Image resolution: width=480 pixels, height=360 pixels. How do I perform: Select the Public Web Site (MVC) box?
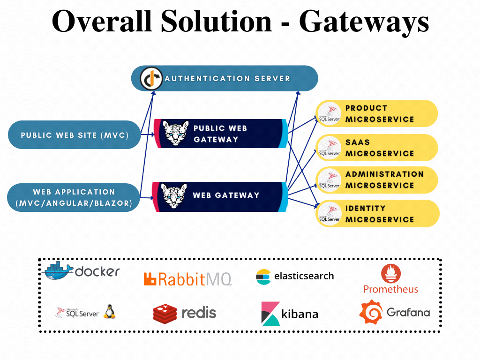[75, 135]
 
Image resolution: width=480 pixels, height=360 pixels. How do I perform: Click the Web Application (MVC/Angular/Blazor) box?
[74, 197]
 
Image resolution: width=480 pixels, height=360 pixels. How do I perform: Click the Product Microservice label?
[380, 113]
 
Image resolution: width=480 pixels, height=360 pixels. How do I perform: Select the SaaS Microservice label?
[380, 148]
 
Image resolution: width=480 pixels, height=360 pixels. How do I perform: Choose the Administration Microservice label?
[384, 180]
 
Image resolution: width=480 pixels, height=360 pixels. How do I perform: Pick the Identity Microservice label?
[380, 214]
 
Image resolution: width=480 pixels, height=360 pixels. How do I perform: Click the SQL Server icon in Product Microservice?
[329, 113]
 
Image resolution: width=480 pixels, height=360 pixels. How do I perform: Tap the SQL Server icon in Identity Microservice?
[329, 214]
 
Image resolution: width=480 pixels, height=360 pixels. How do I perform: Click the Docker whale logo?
[58, 270]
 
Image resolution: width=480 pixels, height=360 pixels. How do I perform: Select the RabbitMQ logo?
[187, 279]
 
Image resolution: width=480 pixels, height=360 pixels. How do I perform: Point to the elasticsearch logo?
[295, 276]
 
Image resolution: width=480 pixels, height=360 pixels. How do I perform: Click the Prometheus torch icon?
[390, 273]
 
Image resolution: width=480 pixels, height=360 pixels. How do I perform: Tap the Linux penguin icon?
[110, 311]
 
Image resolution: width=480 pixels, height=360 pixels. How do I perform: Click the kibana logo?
[289, 314]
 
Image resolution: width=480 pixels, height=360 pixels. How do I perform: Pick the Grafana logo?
[394, 312]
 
